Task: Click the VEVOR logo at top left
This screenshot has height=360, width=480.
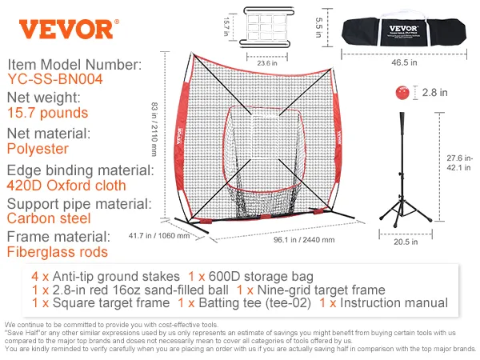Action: point(66,28)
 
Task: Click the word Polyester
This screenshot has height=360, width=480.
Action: point(37,149)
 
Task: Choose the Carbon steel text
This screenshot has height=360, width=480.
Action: point(49,218)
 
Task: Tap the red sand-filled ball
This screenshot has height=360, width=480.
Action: point(402,93)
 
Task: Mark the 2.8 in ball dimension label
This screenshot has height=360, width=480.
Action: point(435,93)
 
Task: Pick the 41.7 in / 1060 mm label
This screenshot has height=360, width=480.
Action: point(159,236)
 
